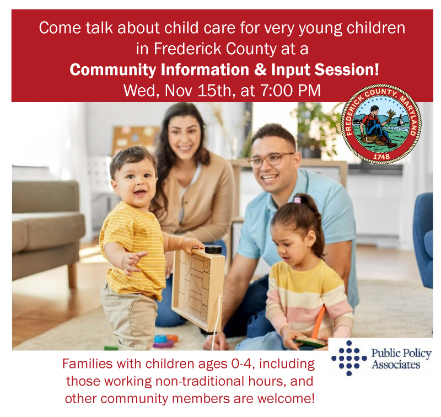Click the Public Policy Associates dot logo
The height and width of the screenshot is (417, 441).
point(349,357)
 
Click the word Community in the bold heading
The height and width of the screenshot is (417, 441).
point(116,70)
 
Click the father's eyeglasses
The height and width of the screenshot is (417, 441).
point(270,159)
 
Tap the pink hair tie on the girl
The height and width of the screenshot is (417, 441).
point(298,200)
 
